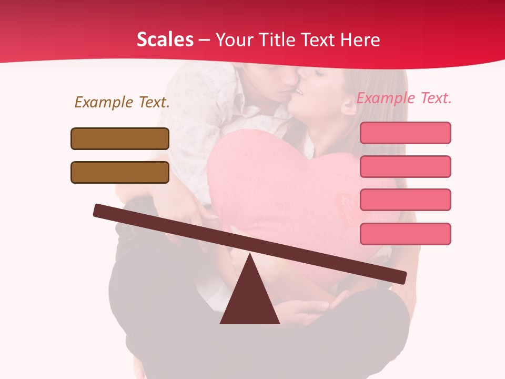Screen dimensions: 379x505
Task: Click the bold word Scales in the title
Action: pyautogui.click(x=165, y=39)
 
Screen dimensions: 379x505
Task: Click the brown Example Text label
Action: pyautogui.click(x=122, y=102)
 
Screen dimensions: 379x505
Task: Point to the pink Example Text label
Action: pyautogui.click(x=404, y=98)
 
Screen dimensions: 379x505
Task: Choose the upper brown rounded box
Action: pyautogui.click(x=120, y=138)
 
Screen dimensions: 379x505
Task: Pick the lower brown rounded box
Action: pyautogui.click(x=120, y=172)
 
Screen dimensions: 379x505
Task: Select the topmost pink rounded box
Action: pyautogui.click(x=405, y=133)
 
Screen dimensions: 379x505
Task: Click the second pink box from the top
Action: pyautogui.click(x=405, y=166)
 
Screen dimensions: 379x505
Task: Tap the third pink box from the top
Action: pyautogui.click(x=405, y=200)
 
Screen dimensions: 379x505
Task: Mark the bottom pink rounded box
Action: pyautogui.click(x=405, y=234)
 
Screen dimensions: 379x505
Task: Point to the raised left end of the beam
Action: pyautogui.click(x=100, y=210)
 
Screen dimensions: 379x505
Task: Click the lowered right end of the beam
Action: pyautogui.click(x=400, y=277)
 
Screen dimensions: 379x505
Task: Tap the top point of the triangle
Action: pyautogui.click(x=250, y=255)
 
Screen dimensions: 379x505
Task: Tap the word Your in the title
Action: pyautogui.click(x=235, y=40)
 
